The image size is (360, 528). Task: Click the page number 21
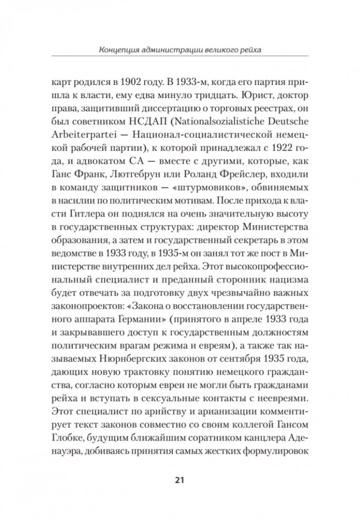coord(179,479)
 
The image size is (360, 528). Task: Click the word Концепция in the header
coord(119,51)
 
